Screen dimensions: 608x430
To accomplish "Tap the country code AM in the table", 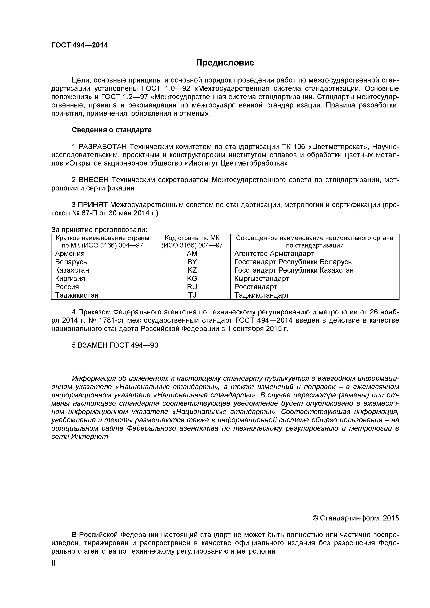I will tap(192, 254).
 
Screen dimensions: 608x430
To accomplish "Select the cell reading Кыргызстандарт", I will tap(261, 279).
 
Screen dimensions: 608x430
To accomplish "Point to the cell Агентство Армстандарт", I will tap(273, 254).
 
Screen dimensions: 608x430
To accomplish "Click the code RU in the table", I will tap(192, 287).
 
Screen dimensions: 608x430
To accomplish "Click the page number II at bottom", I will tap(53, 563).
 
